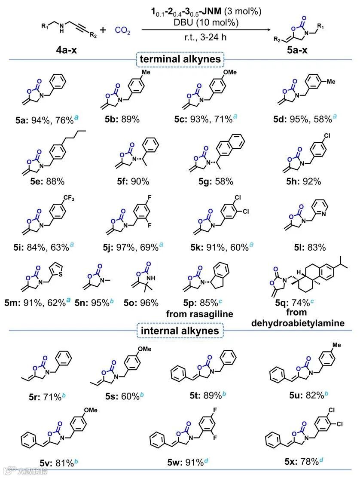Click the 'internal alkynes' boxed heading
179,330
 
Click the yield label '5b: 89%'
122,119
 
